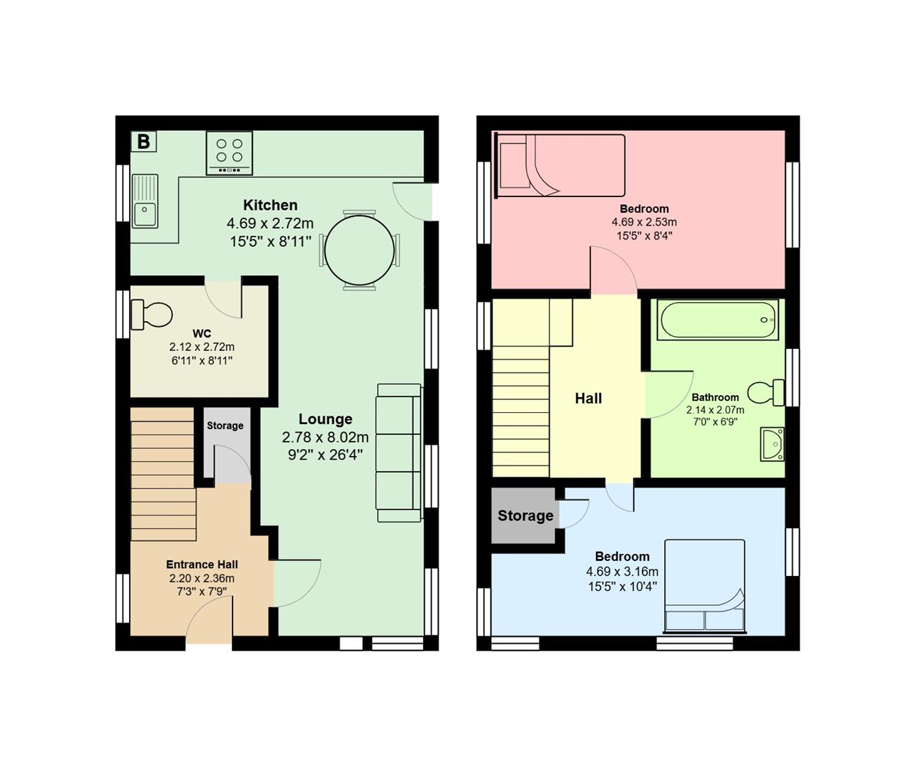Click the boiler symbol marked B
pyautogui.click(x=144, y=142)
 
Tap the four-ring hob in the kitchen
pyautogui.click(x=229, y=153)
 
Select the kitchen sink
pyautogui.click(x=145, y=201)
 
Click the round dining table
pyautogui.click(x=359, y=250)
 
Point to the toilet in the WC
pyautogui.click(x=152, y=315)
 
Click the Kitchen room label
pyautogui.click(x=270, y=205)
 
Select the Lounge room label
pyautogui.click(x=325, y=419)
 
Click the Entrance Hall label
pyautogui.click(x=201, y=565)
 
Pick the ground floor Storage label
pyautogui.click(x=225, y=426)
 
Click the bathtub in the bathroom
pyautogui.click(x=717, y=320)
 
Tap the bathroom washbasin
pyautogui.click(x=772, y=444)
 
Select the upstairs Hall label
pyautogui.click(x=588, y=399)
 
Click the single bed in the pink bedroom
pyautogui.click(x=561, y=165)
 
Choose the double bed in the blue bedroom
pyautogui.click(x=705, y=587)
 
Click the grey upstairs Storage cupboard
pyautogui.click(x=524, y=516)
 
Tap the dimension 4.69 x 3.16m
pyautogui.click(x=622, y=572)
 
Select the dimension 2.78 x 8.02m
pyautogui.click(x=325, y=437)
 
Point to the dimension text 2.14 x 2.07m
pyautogui.click(x=714, y=410)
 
